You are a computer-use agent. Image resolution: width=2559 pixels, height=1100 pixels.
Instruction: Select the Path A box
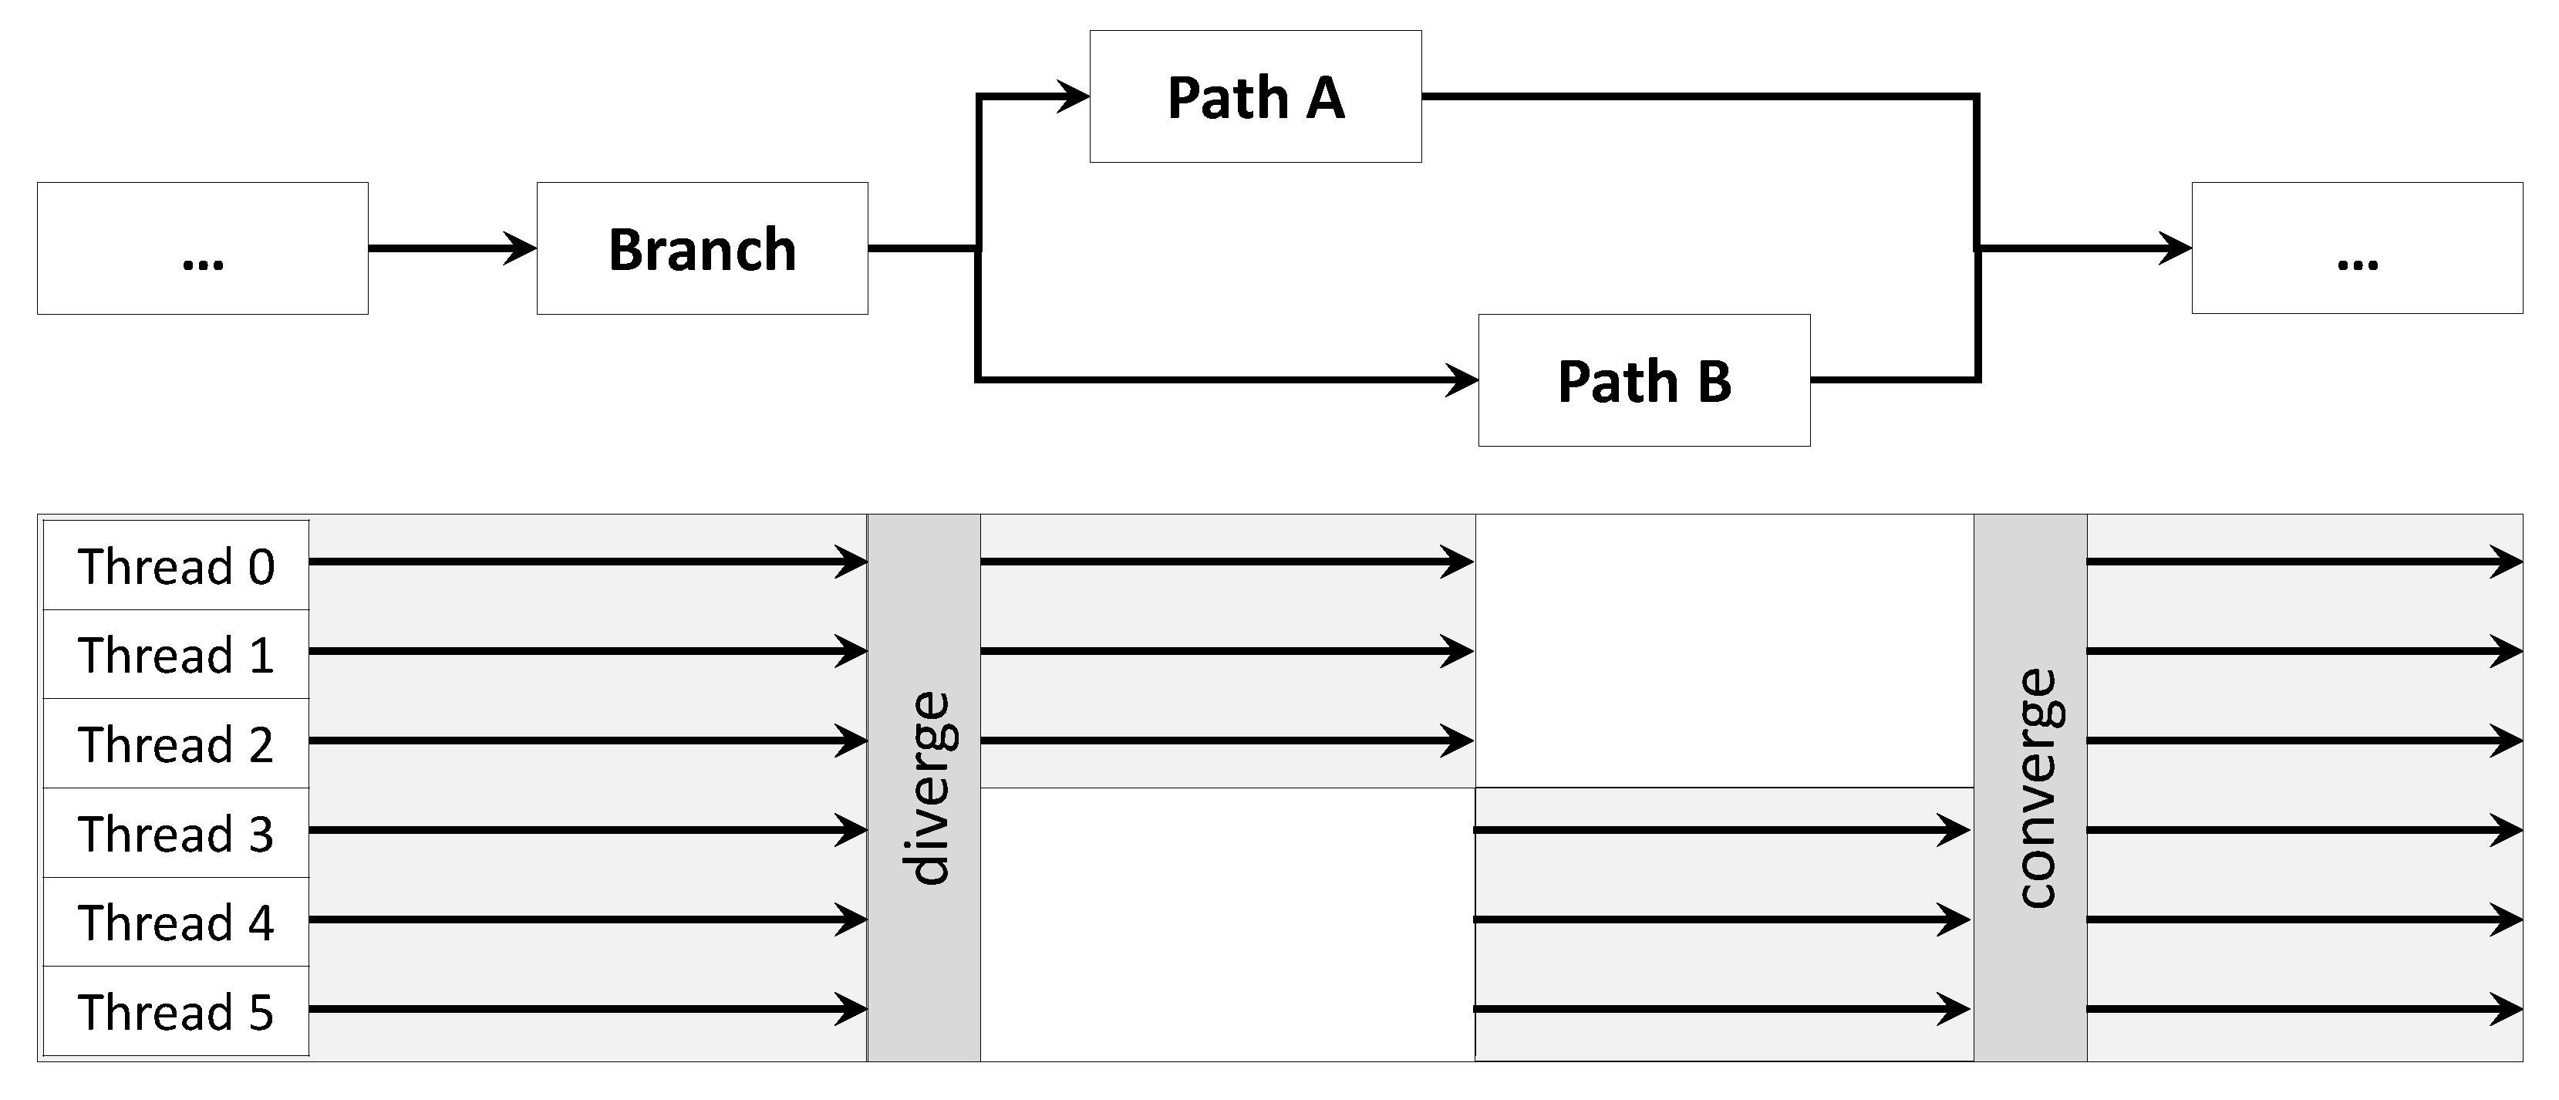[x=1255, y=96]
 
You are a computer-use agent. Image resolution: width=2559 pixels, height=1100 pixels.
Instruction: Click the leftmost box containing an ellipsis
[x=203, y=248]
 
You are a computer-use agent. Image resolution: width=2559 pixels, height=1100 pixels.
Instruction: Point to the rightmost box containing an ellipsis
[x=2356, y=248]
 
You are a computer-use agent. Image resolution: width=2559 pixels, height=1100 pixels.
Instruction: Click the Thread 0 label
[x=176, y=565]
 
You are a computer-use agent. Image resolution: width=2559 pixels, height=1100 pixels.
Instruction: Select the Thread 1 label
[x=176, y=655]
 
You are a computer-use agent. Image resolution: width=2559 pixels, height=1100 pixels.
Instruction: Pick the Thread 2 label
[x=176, y=744]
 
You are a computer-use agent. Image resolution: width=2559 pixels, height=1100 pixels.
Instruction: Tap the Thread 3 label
[x=176, y=834]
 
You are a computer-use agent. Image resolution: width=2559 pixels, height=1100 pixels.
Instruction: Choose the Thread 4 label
[x=176, y=922]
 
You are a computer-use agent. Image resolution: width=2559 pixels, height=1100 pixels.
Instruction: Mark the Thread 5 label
[x=176, y=1011]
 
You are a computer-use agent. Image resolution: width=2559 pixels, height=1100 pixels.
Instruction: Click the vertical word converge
[x=2035, y=787]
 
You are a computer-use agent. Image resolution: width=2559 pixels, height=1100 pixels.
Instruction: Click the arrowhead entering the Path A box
[x=1073, y=96]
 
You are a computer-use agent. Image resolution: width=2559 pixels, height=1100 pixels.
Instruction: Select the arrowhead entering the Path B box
[x=1462, y=380]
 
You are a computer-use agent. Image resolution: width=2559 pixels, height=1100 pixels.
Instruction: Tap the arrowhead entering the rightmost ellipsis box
[x=2175, y=248]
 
